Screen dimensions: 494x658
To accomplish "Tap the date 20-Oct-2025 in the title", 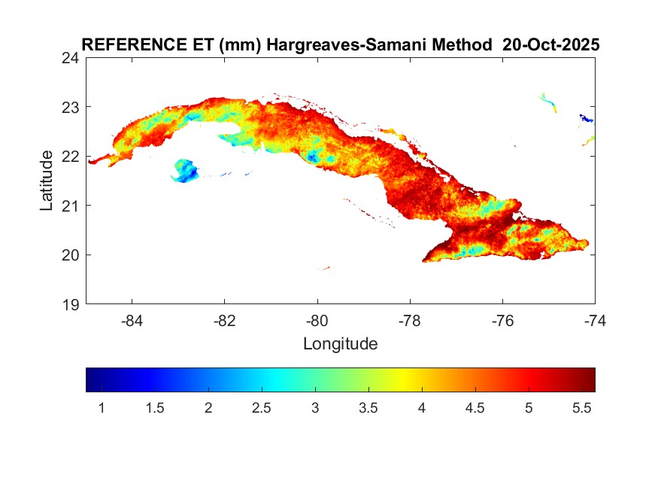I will tap(551, 45).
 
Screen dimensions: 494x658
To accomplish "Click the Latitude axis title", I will tap(47, 181).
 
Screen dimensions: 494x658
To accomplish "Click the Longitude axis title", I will tap(340, 344).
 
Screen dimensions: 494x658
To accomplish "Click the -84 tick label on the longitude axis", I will tap(132, 320).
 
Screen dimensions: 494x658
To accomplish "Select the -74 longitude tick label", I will tap(595, 320).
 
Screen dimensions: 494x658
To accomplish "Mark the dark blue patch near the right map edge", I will tap(585, 118).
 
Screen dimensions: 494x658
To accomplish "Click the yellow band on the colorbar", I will tap(407, 380).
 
